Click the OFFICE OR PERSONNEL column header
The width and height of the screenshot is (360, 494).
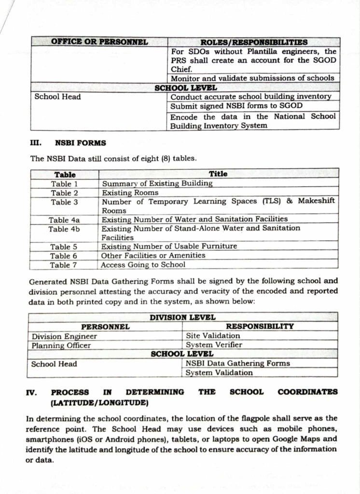tap(99, 42)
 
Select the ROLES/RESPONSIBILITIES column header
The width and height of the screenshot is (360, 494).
tap(254, 42)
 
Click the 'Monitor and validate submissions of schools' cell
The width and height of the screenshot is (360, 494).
tap(252, 78)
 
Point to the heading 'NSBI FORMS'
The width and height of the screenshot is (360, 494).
tap(81, 143)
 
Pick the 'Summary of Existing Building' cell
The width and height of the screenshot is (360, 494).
tap(157, 183)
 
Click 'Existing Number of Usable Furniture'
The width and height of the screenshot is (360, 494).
tap(169, 246)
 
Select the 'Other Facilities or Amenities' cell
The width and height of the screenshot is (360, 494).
tap(153, 255)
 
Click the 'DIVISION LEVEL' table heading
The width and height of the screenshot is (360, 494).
tap(182, 317)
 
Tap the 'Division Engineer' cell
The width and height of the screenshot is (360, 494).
tap(64, 336)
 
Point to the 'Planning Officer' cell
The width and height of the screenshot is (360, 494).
tap(61, 345)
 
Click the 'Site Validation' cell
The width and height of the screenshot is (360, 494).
tap(213, 336)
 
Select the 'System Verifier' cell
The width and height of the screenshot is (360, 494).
tap(214, 345)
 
